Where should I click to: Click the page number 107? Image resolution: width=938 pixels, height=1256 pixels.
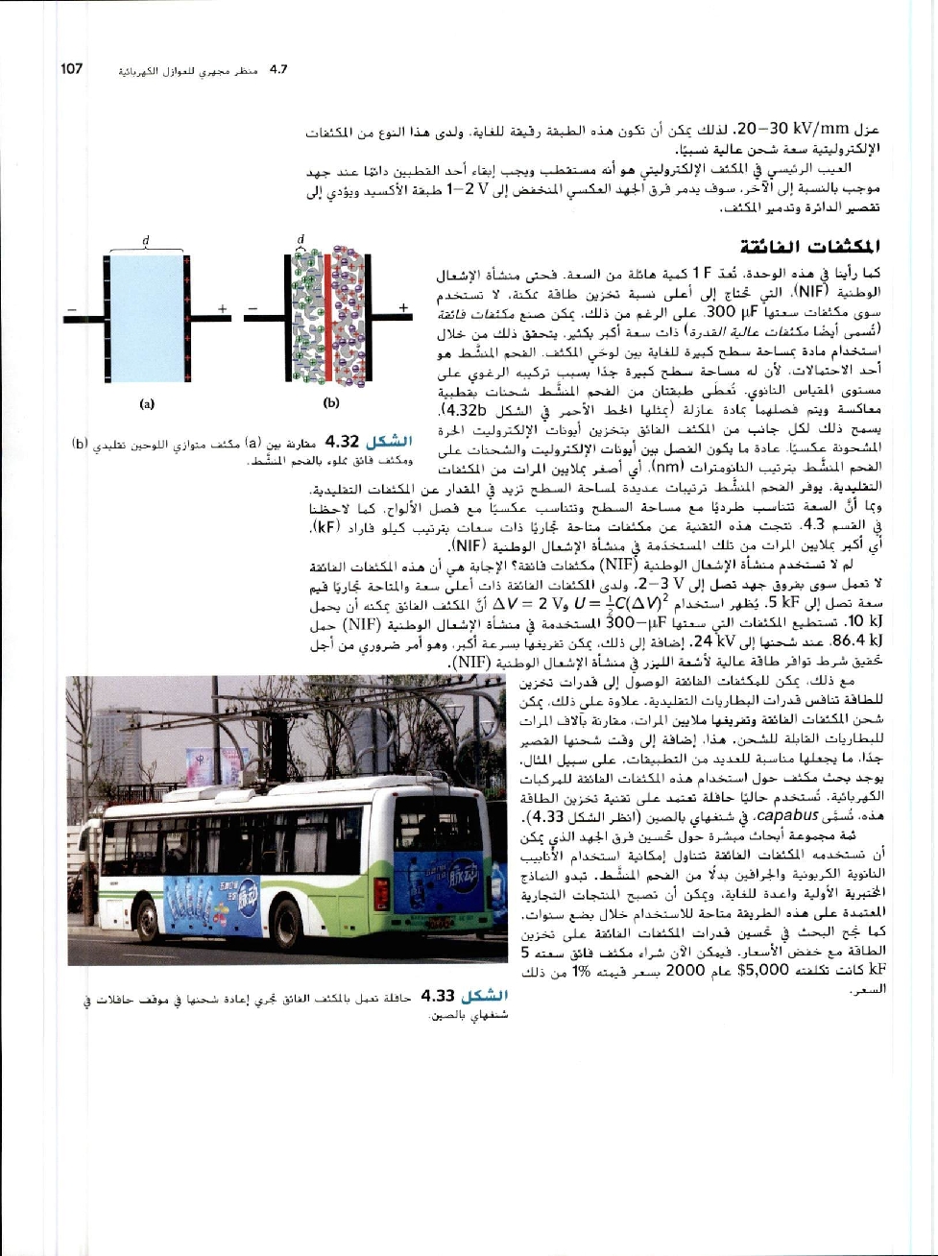click(72, 69)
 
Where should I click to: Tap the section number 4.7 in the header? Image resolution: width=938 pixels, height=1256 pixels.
click(279, 69)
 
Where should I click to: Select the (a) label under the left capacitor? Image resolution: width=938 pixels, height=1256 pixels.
click(147, 404)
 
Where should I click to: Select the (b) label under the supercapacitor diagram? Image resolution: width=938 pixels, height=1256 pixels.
click(332, 404)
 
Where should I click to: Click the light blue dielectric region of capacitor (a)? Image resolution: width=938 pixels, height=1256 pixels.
click(147, 317)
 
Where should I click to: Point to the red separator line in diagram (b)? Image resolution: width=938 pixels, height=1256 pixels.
click(327, 317)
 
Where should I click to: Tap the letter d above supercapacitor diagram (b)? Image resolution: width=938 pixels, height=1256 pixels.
click(301, 238)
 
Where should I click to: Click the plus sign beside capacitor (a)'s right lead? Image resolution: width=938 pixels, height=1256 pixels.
click(222, 308)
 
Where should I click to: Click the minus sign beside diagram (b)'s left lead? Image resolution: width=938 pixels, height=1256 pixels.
click(253, 308)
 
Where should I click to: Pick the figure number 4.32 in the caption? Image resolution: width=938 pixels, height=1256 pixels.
click(342, 442)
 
